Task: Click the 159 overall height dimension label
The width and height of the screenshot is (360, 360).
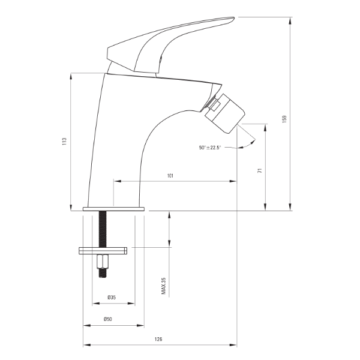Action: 284,119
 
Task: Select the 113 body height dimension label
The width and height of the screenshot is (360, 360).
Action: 64,141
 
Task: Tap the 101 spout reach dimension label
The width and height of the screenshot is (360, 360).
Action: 170,176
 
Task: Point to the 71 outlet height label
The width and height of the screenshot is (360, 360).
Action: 260,170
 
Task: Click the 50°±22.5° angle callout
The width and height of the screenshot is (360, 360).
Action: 210,148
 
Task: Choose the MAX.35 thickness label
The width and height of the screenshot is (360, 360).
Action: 163,286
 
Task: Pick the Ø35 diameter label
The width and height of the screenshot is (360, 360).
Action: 112,298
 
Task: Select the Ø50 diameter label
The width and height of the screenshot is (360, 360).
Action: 107,319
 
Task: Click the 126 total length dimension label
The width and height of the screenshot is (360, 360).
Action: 158,339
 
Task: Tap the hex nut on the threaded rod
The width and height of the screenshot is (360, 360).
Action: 103,262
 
